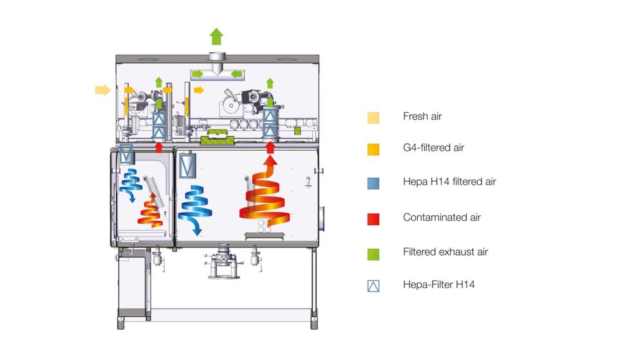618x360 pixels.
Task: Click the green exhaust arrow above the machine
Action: pos(216,36)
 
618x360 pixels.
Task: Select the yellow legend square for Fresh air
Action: pos(373,117)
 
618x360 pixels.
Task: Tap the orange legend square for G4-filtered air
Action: pos(373,149)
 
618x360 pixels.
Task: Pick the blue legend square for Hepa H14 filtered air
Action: pos(373,182)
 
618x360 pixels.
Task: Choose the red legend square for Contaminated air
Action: pos(373,218)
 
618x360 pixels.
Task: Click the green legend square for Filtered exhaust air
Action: pos(373,253)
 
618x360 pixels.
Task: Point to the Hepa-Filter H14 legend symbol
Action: pos(373,285)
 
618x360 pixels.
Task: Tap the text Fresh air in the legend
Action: pos(422,117)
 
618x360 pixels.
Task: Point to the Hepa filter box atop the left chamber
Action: pos(127,154)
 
